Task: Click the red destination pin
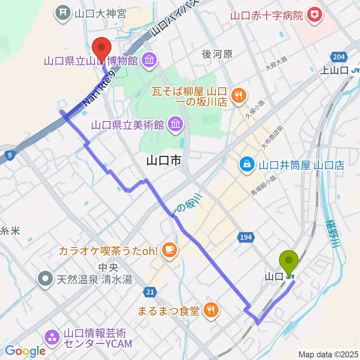(x=102, y=48)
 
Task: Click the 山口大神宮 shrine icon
(x=63, y=14)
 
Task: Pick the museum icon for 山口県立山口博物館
(x=149, y=60)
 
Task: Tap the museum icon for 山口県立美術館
(x=175, y=124)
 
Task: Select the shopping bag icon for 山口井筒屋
(x=247, y=165)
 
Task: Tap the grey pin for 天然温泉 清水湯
(x=46, y=278)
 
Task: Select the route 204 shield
(x=338, y=57)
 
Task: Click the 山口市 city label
(x=163, y=161)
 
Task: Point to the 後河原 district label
(x=217, y=54)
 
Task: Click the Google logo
(x=25, y=351)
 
